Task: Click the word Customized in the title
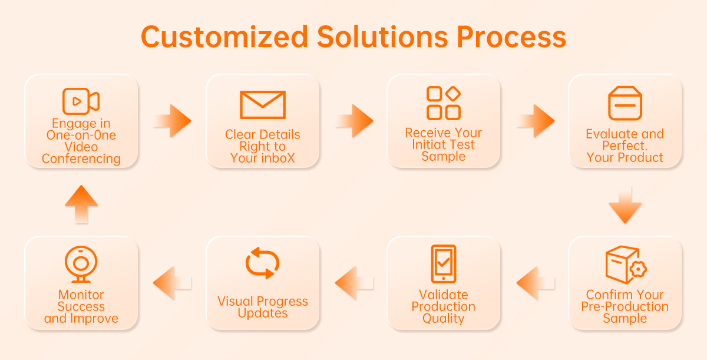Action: click(224, 37)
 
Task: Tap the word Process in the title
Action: click(511, 37)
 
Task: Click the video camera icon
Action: click(81, 101)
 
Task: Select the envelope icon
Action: click(263, 105)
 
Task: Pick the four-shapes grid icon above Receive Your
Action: click(444, 103)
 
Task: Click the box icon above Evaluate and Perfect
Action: click(625, 103)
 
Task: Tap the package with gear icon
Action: click(626, 265)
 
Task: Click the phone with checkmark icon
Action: click(444, 264)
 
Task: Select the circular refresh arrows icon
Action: click(263, 263)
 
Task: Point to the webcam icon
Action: click(81, 265)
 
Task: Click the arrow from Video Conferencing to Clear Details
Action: click(172, 121)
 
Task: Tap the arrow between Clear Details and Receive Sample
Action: click(354, 121)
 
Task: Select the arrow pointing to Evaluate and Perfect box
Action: click(536, 121)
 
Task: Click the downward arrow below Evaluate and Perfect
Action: click(625, 205)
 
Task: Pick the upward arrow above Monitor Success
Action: click(81, 204)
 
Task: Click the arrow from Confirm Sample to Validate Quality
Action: click(536, 283)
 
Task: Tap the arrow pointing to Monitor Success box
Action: click(172, 283)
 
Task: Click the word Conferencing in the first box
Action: click(81, 158)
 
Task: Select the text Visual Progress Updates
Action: click(263, 307)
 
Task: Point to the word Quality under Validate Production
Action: click(444, 318)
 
